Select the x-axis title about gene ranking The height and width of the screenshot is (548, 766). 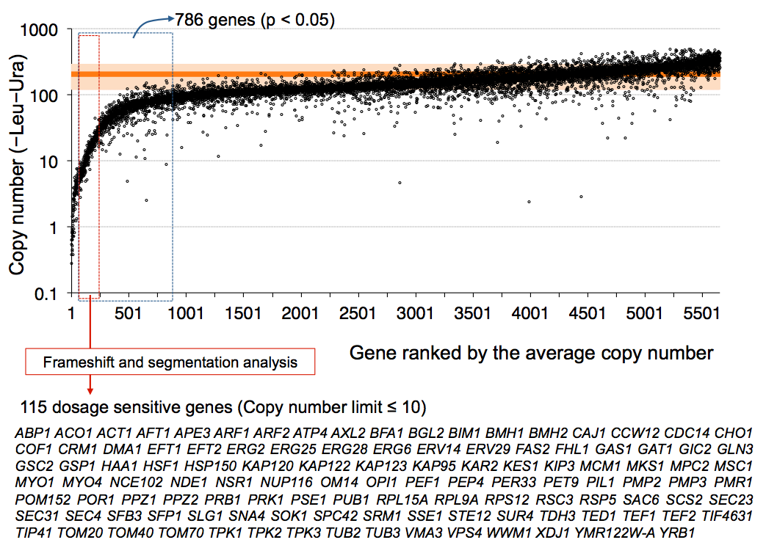(530, 353)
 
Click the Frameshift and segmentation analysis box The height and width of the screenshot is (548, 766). (170, 362)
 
